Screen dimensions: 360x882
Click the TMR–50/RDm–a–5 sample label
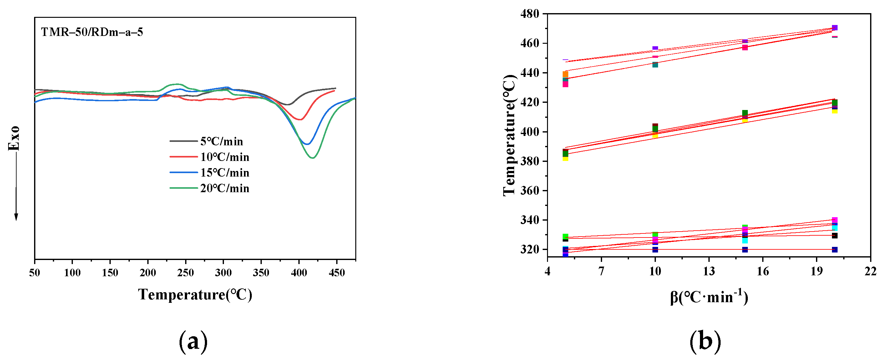pyautogui.click(x=92, y=32)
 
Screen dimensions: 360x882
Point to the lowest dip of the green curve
pyautogui.click(x=312, y=158)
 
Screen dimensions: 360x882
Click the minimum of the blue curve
pyautogui.click(x=307, y=144)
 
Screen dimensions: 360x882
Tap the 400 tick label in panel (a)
pyautogui.click(x=299, y=273)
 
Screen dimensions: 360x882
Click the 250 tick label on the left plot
pyautogui.click(x=185, y=273)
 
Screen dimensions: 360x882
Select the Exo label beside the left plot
pyautogui.click(x=14, y=138)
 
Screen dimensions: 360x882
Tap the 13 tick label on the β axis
pyautogui.click(x=709, y=271)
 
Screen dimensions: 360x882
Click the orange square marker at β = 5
pyautogui.click(x=565, y=74)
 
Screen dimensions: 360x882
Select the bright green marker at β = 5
pyautogui.click(x=565, y=237)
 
